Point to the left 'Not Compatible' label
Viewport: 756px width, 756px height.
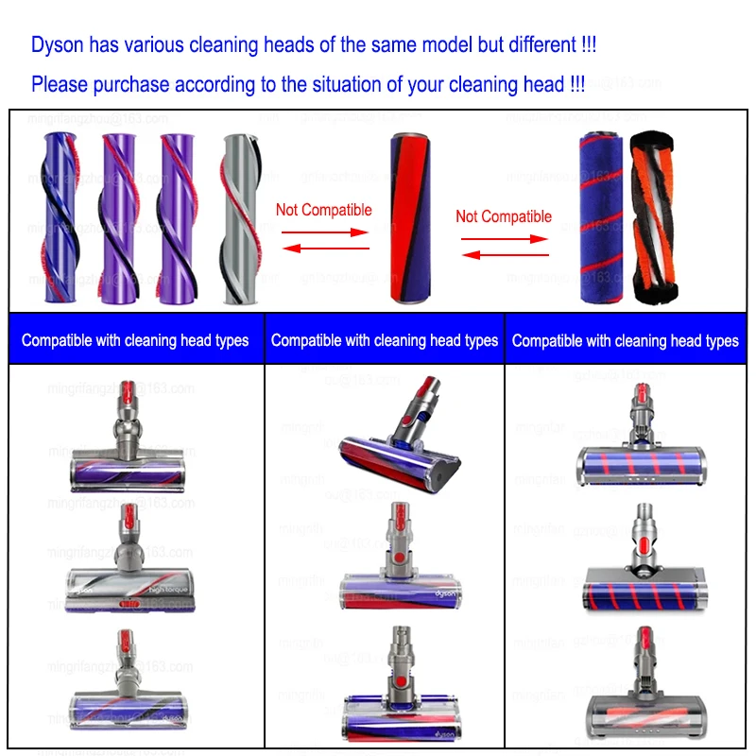(323, 210)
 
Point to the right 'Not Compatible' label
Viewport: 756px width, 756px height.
(504, 216)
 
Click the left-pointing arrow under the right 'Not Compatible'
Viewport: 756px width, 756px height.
(504, 252)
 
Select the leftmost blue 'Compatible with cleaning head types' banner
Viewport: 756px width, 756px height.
(135, 340)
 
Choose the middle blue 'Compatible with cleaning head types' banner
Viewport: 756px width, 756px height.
(385, 340)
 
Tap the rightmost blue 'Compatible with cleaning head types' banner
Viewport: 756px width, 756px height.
(626, 340)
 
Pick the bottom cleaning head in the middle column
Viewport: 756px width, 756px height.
(401, 690)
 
